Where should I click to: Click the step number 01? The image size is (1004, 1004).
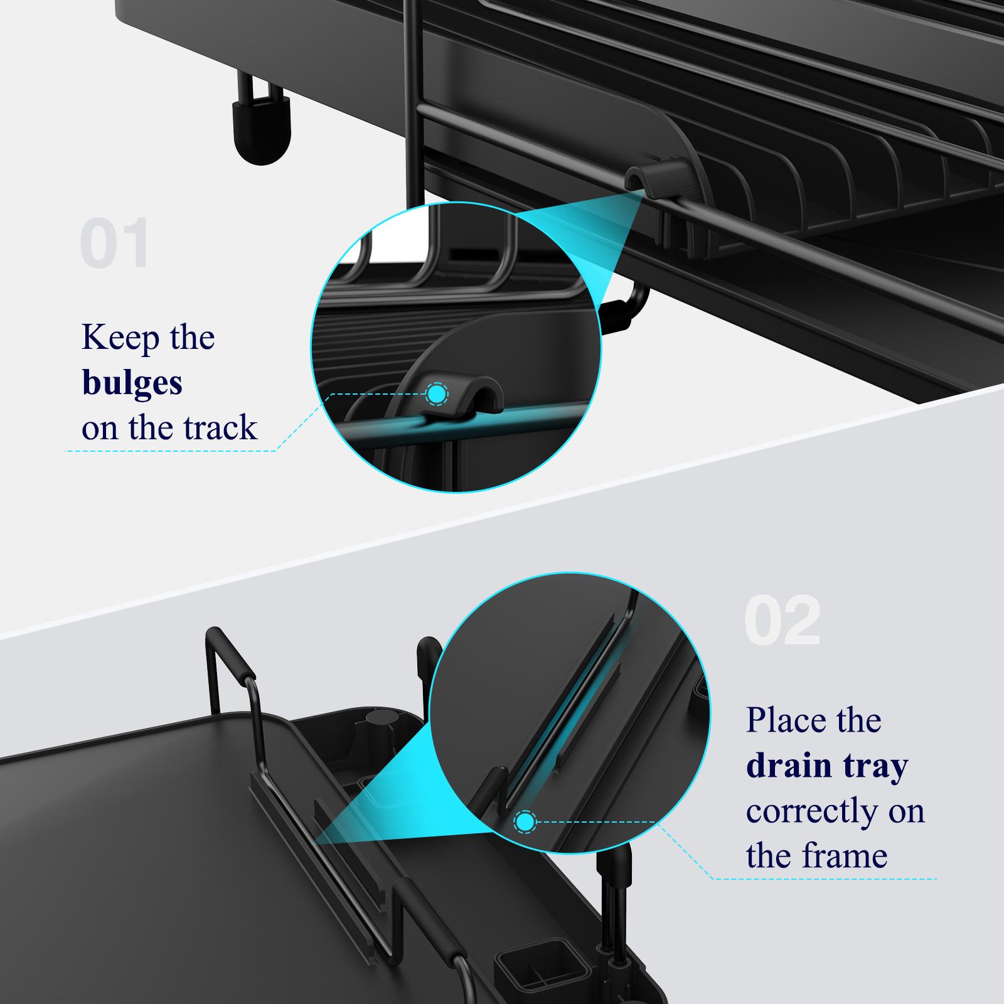click(x=115, y=243)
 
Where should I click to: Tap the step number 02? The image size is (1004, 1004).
click(x=782, y=621)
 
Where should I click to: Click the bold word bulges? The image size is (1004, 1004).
click(x=132, y=383)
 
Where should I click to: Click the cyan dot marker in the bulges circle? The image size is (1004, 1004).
click(x=437, y=394)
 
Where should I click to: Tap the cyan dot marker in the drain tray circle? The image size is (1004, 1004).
click(x=525, y=821)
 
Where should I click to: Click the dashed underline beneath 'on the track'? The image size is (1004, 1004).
click(x=169, y=451)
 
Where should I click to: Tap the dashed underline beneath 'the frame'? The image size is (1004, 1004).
click(x=822, y=878)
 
